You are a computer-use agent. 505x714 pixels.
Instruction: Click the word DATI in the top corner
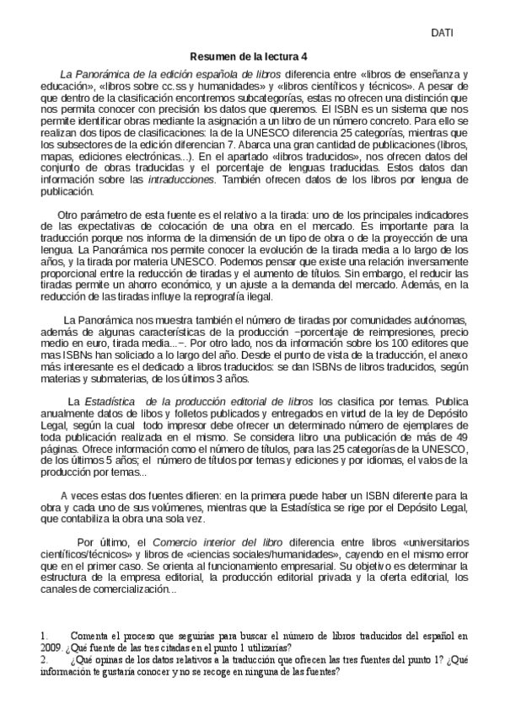(x=443, y=33)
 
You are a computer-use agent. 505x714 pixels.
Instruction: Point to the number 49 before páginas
(x=458, y=439)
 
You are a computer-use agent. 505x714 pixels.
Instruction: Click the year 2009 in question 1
(x=51, y=648)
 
